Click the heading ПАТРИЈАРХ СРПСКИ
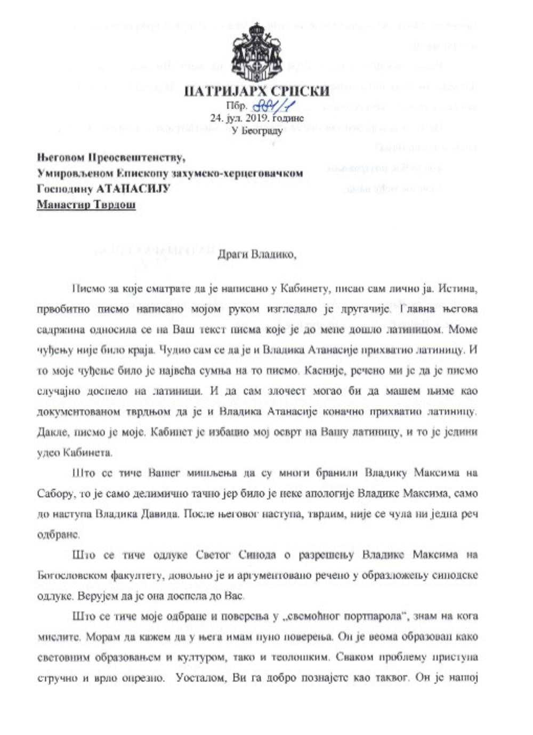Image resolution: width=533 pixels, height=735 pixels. pyautogui.click(x=256, y=92)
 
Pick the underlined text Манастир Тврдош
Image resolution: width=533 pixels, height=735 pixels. pyautogui.click(x=86, y=205)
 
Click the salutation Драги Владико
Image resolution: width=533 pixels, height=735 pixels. pyautogui.click(x=256, y=254)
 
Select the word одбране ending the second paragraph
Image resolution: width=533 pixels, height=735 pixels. pyautogui.click(x=59, y=535)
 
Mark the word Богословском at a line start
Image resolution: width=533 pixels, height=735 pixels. pyautogui.click(x=72, y=576)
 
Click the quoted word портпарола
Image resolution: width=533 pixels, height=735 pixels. pyautogui.click(x=370, y=617)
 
